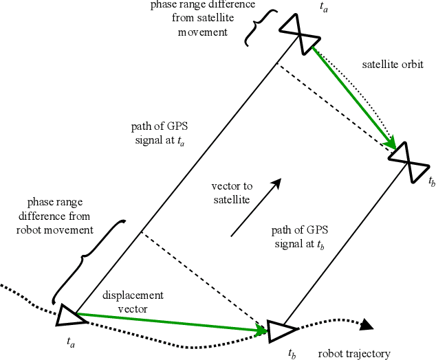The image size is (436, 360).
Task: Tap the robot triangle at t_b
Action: (x=279, y=331)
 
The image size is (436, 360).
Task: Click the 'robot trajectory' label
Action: (x=353, y=354)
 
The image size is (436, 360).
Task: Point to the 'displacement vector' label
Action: (x=133, y=302)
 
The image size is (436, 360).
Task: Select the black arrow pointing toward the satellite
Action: (x=255, y=207)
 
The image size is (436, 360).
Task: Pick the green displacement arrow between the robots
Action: (x=172, y=323)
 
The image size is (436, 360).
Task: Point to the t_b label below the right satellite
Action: (x=431, y=182)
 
